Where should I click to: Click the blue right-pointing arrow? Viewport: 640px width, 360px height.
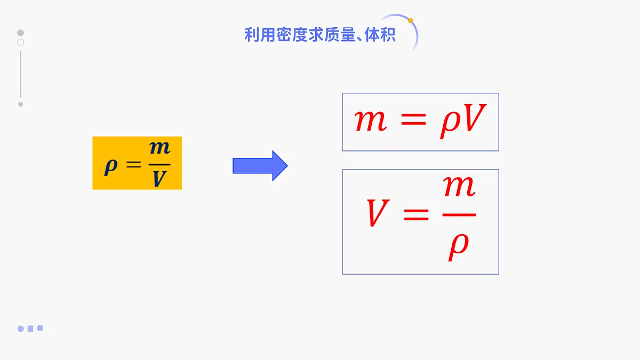tap(260, 166)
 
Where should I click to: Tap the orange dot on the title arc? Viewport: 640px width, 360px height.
tap(410, 21)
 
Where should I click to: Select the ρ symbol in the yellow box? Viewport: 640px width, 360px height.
tap(111, 166)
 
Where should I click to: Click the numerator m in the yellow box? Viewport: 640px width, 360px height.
tap(159, 148)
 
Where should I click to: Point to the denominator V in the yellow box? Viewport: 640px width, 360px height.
tap(159, 179)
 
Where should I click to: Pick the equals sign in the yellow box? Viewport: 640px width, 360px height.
tap(134, 164)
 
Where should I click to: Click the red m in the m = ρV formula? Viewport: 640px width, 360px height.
tap(371, 121)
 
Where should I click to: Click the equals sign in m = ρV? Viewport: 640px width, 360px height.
tap(413, 119)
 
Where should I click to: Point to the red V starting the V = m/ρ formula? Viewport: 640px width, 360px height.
tap(378, 213)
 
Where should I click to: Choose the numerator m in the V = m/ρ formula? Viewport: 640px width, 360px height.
tap(459, 186)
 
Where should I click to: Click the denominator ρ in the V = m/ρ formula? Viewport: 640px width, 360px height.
tap(458, 247)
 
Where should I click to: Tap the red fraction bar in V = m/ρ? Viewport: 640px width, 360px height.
tap(459, 214)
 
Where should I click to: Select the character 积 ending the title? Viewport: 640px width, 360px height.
tap(388, 35)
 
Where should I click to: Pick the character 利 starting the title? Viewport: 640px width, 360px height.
tap(252, 35)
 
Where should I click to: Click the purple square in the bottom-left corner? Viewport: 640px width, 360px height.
tap(30, 329)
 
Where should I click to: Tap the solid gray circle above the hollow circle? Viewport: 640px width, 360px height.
tap(21, 33)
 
